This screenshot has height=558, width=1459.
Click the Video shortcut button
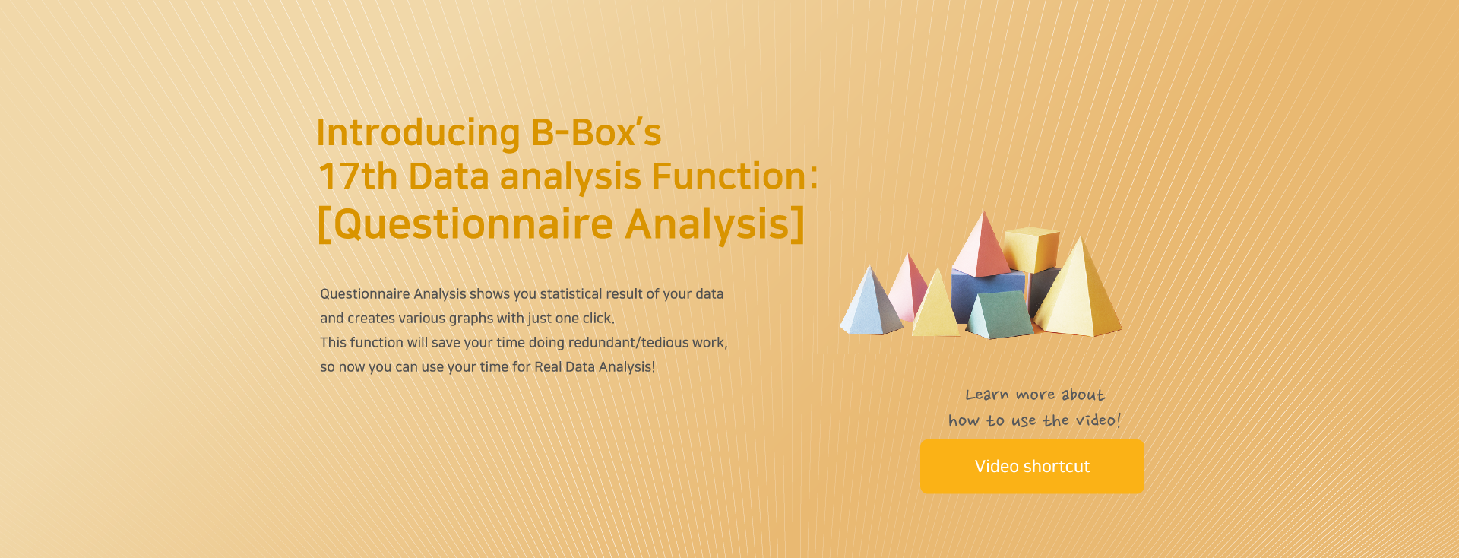coord(1032,467)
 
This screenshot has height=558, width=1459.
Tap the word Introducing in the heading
coord(418,133)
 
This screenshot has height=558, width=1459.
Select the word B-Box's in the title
coord(597,132)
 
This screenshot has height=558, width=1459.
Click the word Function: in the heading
coord(735,176)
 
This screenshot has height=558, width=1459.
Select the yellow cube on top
coord(1031,249)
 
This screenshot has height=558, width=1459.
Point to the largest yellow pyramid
coord(1079,293)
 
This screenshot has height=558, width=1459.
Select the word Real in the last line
coord(548,366)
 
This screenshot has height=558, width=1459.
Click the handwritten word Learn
coord(987,395)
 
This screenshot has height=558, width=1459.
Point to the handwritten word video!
coord(1098,420)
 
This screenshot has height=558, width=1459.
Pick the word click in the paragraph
coord(599,318)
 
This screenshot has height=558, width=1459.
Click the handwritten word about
coord(1083,395)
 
